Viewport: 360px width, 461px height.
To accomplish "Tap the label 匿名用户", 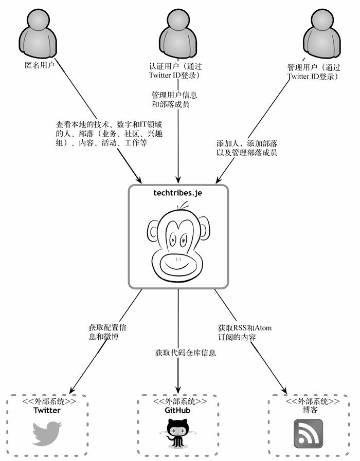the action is pyautogui.click(x=40, y=65).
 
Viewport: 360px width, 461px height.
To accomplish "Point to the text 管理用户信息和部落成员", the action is pyautogui.click(x=174, y=100).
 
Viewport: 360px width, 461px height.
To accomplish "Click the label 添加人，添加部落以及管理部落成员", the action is pyautogui.click(x=247, y=148).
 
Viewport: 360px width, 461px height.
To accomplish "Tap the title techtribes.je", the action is pyautogui.click(x=177, y=193).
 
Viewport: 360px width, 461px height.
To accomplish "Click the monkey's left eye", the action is pyautogui.click(x=173, y=241).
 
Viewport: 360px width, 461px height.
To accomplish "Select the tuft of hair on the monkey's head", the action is pyautogui.click(x=184, y=206).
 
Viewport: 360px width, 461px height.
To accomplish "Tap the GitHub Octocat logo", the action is pyautogui.click(x=177, y=433).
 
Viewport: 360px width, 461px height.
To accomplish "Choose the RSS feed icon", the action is pyautogui.click(x=308, y=434).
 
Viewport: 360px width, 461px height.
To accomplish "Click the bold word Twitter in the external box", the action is pyautogui.click(x=47, y=411).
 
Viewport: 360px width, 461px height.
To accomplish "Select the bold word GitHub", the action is pyautogui.click(x=177, y=411).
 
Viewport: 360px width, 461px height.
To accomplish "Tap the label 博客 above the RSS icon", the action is pyautogui.click(x=310, y=410).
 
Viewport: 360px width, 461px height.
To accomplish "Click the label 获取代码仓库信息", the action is pyautogui.click(x=186, y=353).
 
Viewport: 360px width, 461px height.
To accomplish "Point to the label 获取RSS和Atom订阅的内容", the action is pyautogui.click(x=245, y=333).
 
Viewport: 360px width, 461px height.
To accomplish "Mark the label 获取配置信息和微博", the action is pyautogui.click(x=107, y=332).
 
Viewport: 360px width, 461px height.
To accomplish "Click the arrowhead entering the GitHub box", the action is pyautogui.click(x=178, y=390).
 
